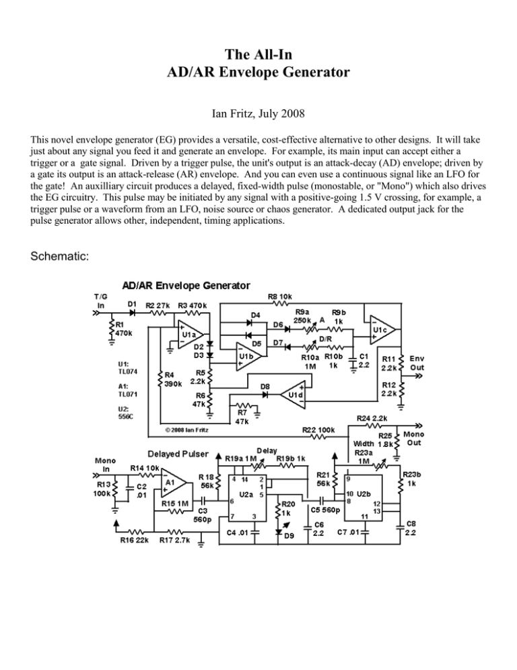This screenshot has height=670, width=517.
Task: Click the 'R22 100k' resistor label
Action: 317,429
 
